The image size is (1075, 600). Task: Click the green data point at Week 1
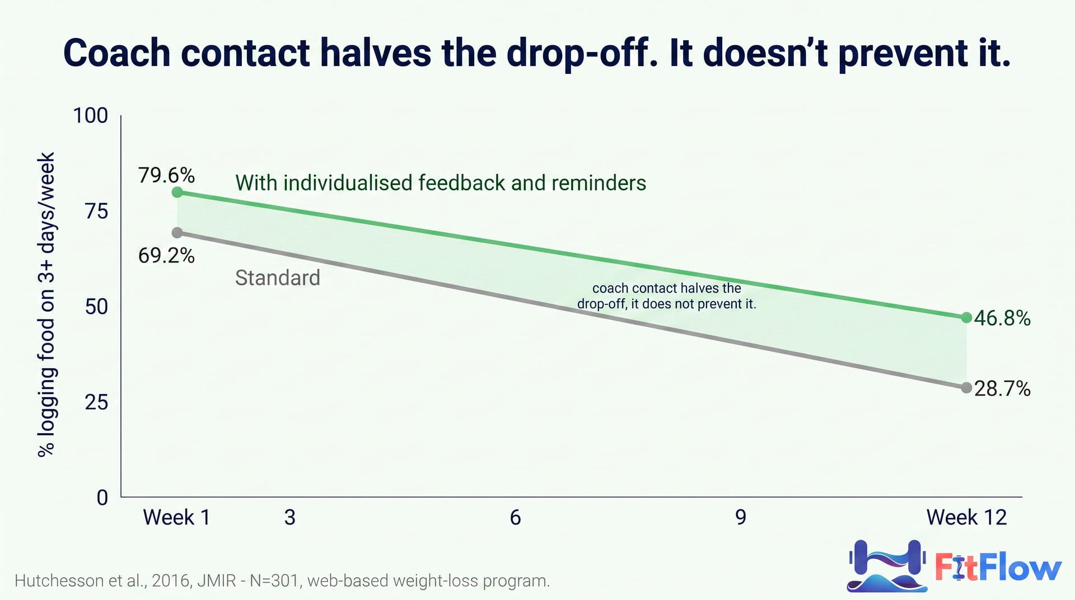point(177,192)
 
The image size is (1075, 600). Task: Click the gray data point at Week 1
point(177,232)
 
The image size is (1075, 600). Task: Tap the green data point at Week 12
point(966,317)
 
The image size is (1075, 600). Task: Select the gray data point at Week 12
point(966,387)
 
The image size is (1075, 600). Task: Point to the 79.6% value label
point(167,175)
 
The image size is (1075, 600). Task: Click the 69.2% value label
point(167,256)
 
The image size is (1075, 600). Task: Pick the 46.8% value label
point(1002,318)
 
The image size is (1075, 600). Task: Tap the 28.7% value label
point(1002,388)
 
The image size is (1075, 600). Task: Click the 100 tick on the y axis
point(91,115)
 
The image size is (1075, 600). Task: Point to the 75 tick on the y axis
point(96,211)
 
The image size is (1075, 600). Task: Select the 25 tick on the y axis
point(96,402)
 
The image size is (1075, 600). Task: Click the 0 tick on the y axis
point(102,497)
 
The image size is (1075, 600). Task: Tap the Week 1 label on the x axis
point(177,517)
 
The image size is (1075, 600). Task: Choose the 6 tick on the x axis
point(515,517)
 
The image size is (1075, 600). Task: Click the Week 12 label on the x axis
point(966,517)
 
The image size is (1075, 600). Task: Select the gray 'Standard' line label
point(278,278)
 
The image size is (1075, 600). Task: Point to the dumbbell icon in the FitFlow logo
point(886,565)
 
